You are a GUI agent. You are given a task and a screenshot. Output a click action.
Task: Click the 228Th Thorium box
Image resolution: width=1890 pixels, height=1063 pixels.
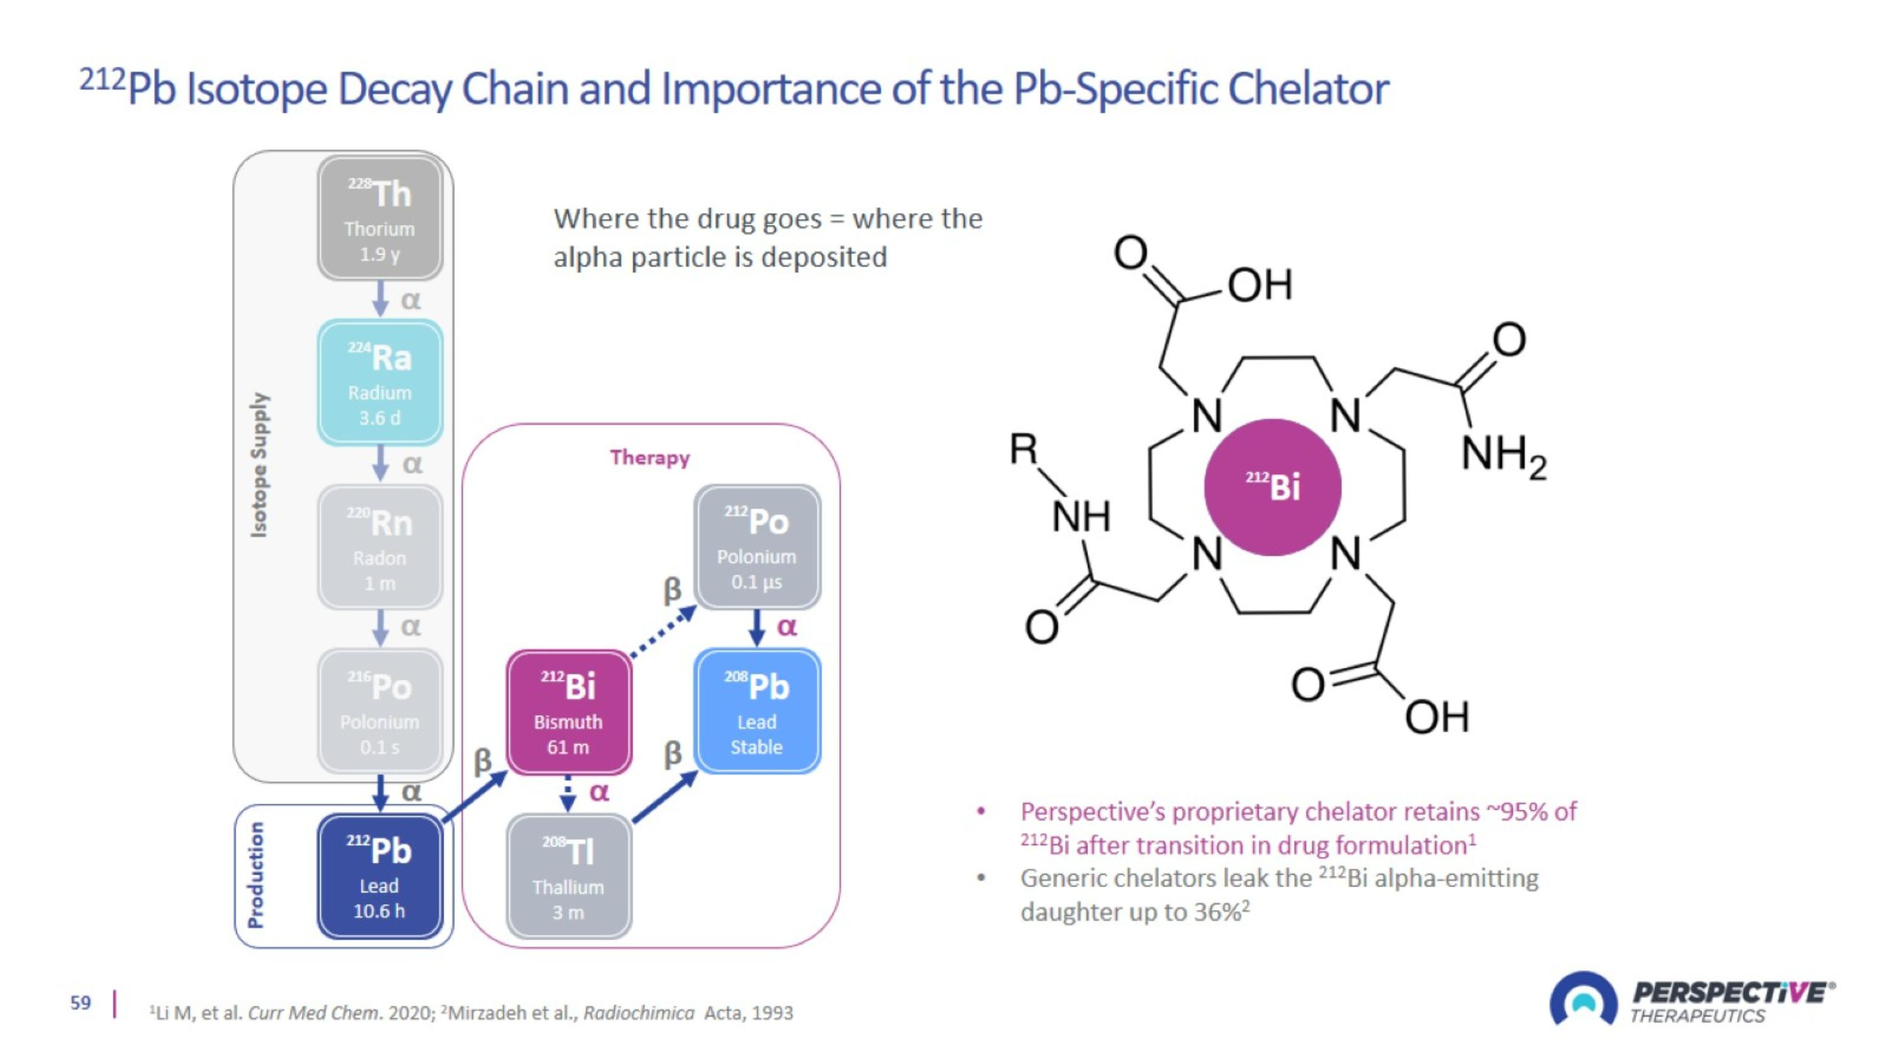click(x=379, y=218)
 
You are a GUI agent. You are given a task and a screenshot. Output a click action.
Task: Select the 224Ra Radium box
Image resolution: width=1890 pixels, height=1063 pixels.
click(x=379, y=382)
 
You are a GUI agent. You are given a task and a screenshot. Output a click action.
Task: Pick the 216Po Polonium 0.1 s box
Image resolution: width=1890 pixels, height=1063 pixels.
click(x=379, y=711)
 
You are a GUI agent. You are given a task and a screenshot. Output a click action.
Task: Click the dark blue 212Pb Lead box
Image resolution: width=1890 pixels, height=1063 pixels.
click(x=379, y=876)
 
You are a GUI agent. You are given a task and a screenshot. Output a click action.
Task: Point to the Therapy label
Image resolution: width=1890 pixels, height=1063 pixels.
click(x=650, y=457)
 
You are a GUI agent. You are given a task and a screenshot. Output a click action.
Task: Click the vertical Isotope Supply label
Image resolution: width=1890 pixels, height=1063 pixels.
click(x=258, y=464)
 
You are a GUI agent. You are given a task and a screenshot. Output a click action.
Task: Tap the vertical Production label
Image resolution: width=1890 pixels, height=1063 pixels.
click(x=255, y=875)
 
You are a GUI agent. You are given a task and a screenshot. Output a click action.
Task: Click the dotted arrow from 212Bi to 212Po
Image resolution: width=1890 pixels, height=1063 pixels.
click(x=663, y=633)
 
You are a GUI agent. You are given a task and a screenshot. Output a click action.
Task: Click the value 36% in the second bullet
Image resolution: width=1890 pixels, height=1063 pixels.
click(x=1216, y=912)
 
